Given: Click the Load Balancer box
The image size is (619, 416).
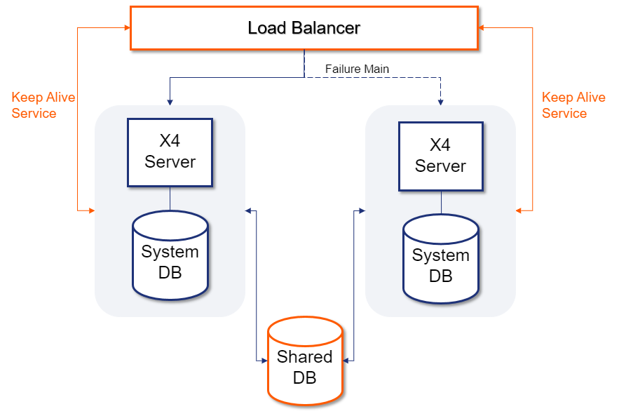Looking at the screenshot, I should coord(304,28).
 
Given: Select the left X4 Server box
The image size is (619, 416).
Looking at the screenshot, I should coord(170,152).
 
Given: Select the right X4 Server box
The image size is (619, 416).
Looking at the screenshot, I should coord(440,156).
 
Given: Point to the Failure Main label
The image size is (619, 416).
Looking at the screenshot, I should coord(357,69).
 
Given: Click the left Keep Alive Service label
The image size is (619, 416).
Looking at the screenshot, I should coord(43,105).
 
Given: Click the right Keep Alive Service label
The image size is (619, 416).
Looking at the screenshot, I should coord(573,105).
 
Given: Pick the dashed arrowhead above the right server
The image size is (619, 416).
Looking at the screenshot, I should coord(440,102).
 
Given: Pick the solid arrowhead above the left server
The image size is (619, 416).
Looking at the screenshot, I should coord(170,102).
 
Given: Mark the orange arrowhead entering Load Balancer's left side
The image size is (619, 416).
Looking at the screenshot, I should coord(127,28).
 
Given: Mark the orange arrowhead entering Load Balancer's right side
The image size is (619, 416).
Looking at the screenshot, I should coord(482,28).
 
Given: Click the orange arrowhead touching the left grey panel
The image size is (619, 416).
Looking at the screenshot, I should coord(91,210).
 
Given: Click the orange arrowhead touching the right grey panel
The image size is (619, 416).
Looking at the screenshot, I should coord(519,210).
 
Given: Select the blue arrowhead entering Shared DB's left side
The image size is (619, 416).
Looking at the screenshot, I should coord(264,361).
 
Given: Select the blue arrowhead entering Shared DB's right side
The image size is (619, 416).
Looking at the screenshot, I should coord(346,361).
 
